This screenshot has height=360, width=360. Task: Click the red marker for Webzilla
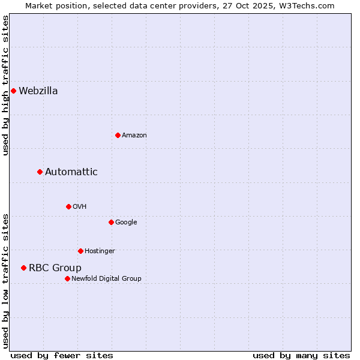click(x=13, y=91)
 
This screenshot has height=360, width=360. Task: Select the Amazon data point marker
click(x=118, y=135)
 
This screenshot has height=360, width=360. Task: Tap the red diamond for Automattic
click(x=40, y=172)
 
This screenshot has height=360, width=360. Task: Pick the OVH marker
click(x=68, y=206)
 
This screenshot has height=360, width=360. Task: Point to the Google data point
click(x=111, y=222)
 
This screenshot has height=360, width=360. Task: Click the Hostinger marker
click(x=80, y=251)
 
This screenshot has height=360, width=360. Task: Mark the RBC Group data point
click(x=23, y=268)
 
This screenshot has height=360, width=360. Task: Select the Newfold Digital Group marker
click(x=67, y=278)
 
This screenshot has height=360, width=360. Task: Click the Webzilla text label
click(x=38, y=91)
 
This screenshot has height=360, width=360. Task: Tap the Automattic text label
click(x=71, y=172)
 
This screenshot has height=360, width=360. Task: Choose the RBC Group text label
click(x=55, y=268)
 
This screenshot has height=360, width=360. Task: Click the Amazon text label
click(x=134, y=136)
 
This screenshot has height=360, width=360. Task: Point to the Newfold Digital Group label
click(x=107, y=278)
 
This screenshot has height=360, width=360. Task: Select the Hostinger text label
click(x=100, y=251)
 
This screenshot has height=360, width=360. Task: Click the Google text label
click(x=126, y=223)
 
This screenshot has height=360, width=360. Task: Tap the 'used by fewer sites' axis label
click(x=62, y=355)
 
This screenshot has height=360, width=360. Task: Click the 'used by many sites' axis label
click(x=301, y=355)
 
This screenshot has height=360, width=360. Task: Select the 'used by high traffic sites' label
click(x=5, y=85)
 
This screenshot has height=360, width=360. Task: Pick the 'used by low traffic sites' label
click(x=5, y=280)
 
